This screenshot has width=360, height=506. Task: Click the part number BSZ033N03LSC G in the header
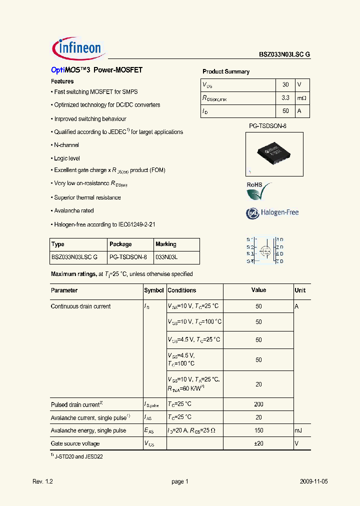tap(284, 55)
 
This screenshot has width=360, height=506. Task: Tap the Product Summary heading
tap(226, 71)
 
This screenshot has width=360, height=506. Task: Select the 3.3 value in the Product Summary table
tap(285, 98)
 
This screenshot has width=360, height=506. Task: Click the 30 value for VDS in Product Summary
tap(285, 85)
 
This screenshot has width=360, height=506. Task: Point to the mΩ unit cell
tap(301, 98)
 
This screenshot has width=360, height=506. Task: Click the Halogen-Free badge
tap(272, 213)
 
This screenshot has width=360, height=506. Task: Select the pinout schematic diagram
tap(265, 250)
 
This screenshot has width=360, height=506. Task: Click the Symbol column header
tap(154, 290)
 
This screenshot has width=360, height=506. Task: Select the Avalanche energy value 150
tap(258, 430)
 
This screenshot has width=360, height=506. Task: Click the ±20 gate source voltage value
tap(258, 443)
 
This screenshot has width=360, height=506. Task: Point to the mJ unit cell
tap(299, 430)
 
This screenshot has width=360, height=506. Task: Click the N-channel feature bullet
tap(65, 145)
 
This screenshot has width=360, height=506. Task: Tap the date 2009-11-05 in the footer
tap(314, 481)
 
